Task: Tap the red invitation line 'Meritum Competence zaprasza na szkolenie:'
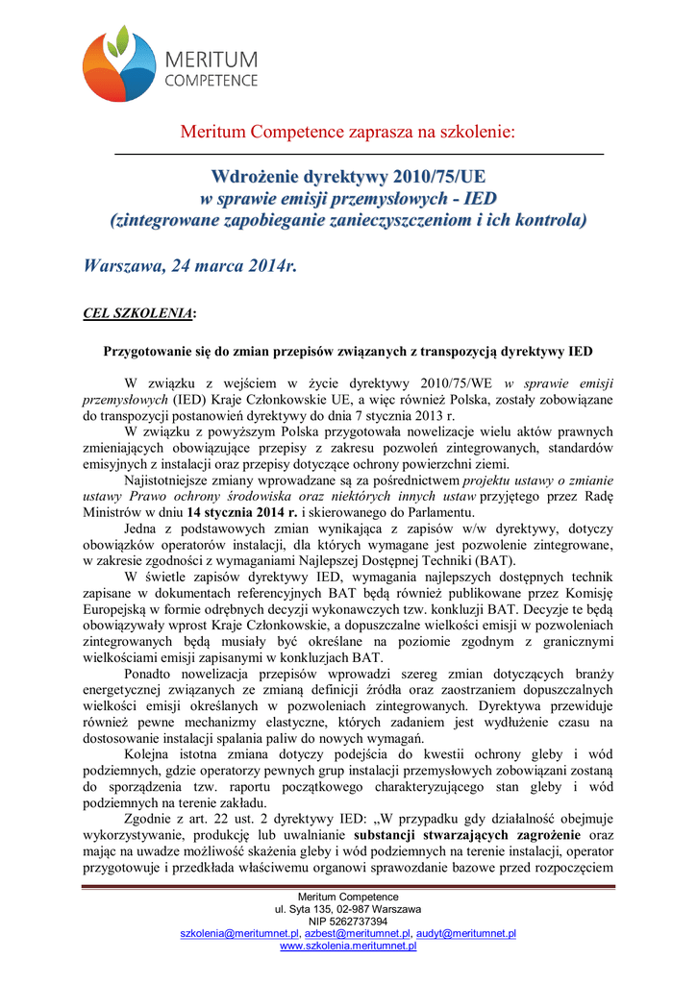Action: coord(348,132)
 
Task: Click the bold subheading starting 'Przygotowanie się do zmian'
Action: coord(348,351)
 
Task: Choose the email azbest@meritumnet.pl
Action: coord(357,933)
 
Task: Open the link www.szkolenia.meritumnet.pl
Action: coord(348,946)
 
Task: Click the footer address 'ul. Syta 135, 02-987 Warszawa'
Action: coord(348,908)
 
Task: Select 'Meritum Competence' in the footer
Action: coord(348,897)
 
